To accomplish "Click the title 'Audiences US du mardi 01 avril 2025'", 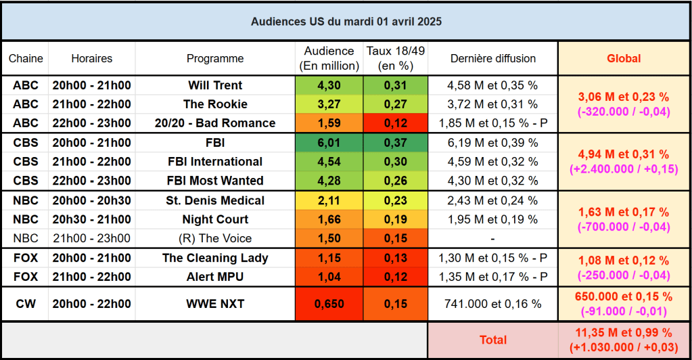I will pos(346,22).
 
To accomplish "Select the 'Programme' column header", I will pos(215,58).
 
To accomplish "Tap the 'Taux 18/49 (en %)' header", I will pos(395,58).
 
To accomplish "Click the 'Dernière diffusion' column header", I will pos(492,58).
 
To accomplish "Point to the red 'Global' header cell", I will pos(623,58).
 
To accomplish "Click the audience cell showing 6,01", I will pos(329,143).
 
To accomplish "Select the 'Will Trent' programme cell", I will pos(215,85).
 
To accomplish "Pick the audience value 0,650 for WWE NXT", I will pos(329,304).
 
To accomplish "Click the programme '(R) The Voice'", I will pos(215,238).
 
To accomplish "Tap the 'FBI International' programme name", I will pos(215,162).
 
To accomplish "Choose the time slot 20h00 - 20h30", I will pos(92,200).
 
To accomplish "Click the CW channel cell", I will pos(26,304).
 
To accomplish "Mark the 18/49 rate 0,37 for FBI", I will pos(395,143).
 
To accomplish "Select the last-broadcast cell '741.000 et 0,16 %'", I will pos(492,304).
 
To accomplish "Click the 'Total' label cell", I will pos(492,340).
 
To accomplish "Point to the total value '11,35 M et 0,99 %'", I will pos(623,333).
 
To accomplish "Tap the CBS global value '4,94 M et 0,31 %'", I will pos(623,154).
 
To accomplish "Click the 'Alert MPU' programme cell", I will pos(215,277).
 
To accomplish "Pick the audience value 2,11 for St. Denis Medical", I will pos(329,200).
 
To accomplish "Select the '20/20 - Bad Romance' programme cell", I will pos(215,123).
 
